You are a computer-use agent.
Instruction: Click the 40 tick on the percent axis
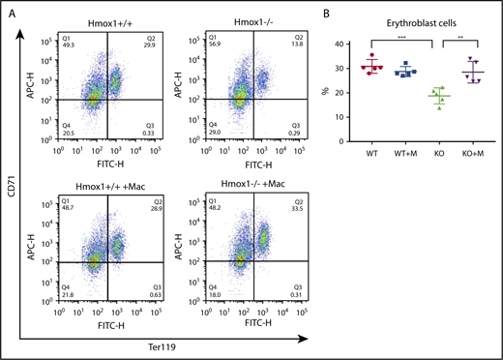click(x=339, y=45)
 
